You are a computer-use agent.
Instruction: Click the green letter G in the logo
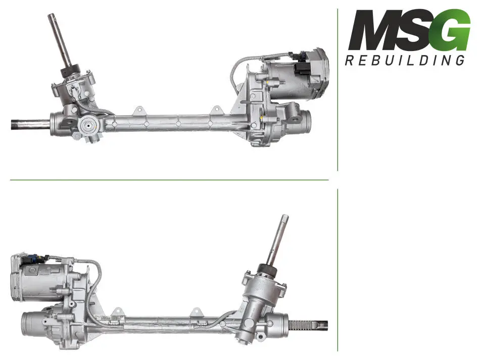(x=452, y=30)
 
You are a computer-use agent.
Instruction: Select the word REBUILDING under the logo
(x=405, y=60)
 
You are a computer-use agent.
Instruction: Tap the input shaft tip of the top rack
(x=51, y=15)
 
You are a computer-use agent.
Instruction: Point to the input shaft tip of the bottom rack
(x=285, y=217)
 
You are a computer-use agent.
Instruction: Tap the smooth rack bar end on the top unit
(x=30, y=125)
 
